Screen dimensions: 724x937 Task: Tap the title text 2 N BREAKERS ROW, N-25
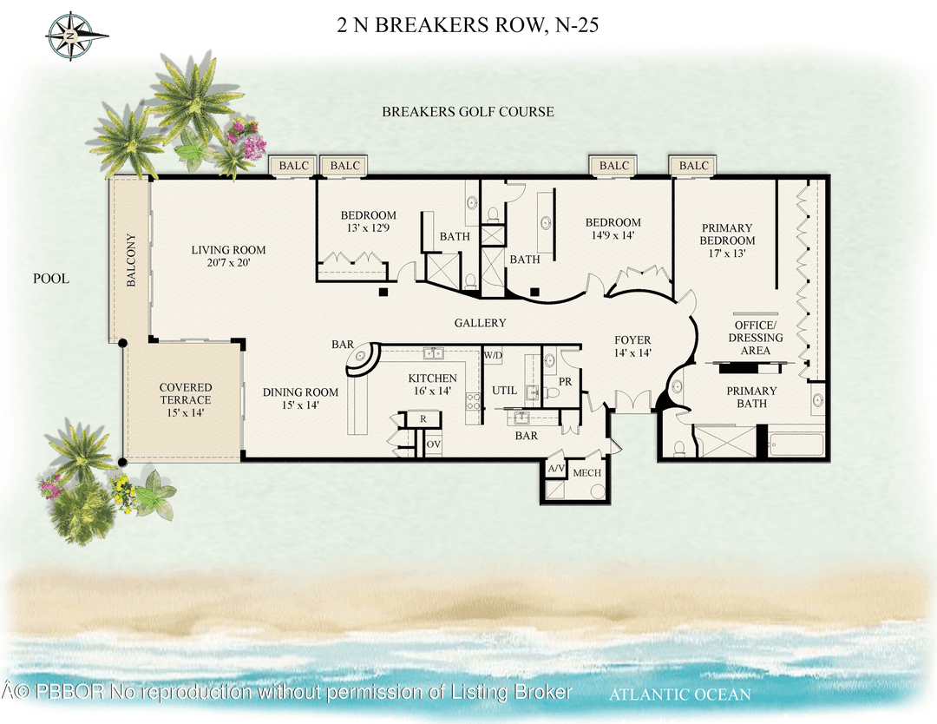coord(468,25)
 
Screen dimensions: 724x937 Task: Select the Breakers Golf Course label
coord(468,112)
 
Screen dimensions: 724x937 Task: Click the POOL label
coord(50,279)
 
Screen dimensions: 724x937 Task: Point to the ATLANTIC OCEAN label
coord(679,694)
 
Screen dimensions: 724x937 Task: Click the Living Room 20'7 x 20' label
coord(228,256)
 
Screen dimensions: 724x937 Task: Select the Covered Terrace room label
coord(185,393)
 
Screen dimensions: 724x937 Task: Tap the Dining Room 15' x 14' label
coord(300,398)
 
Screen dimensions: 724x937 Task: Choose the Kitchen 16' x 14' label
coord(432,385)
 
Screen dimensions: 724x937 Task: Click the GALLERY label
coord(480,323)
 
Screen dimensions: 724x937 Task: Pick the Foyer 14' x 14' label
coord(632,346)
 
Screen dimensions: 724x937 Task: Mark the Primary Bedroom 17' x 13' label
coord(727,240)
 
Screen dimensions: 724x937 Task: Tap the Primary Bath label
coord(751,397)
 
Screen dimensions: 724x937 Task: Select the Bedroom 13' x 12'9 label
coord(368,221)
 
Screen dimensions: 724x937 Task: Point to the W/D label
coord(493,355)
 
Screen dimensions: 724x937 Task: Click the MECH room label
coord(587,473)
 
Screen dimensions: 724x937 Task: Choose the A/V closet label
coord(555,469)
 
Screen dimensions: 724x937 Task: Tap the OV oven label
coord(434,444)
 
